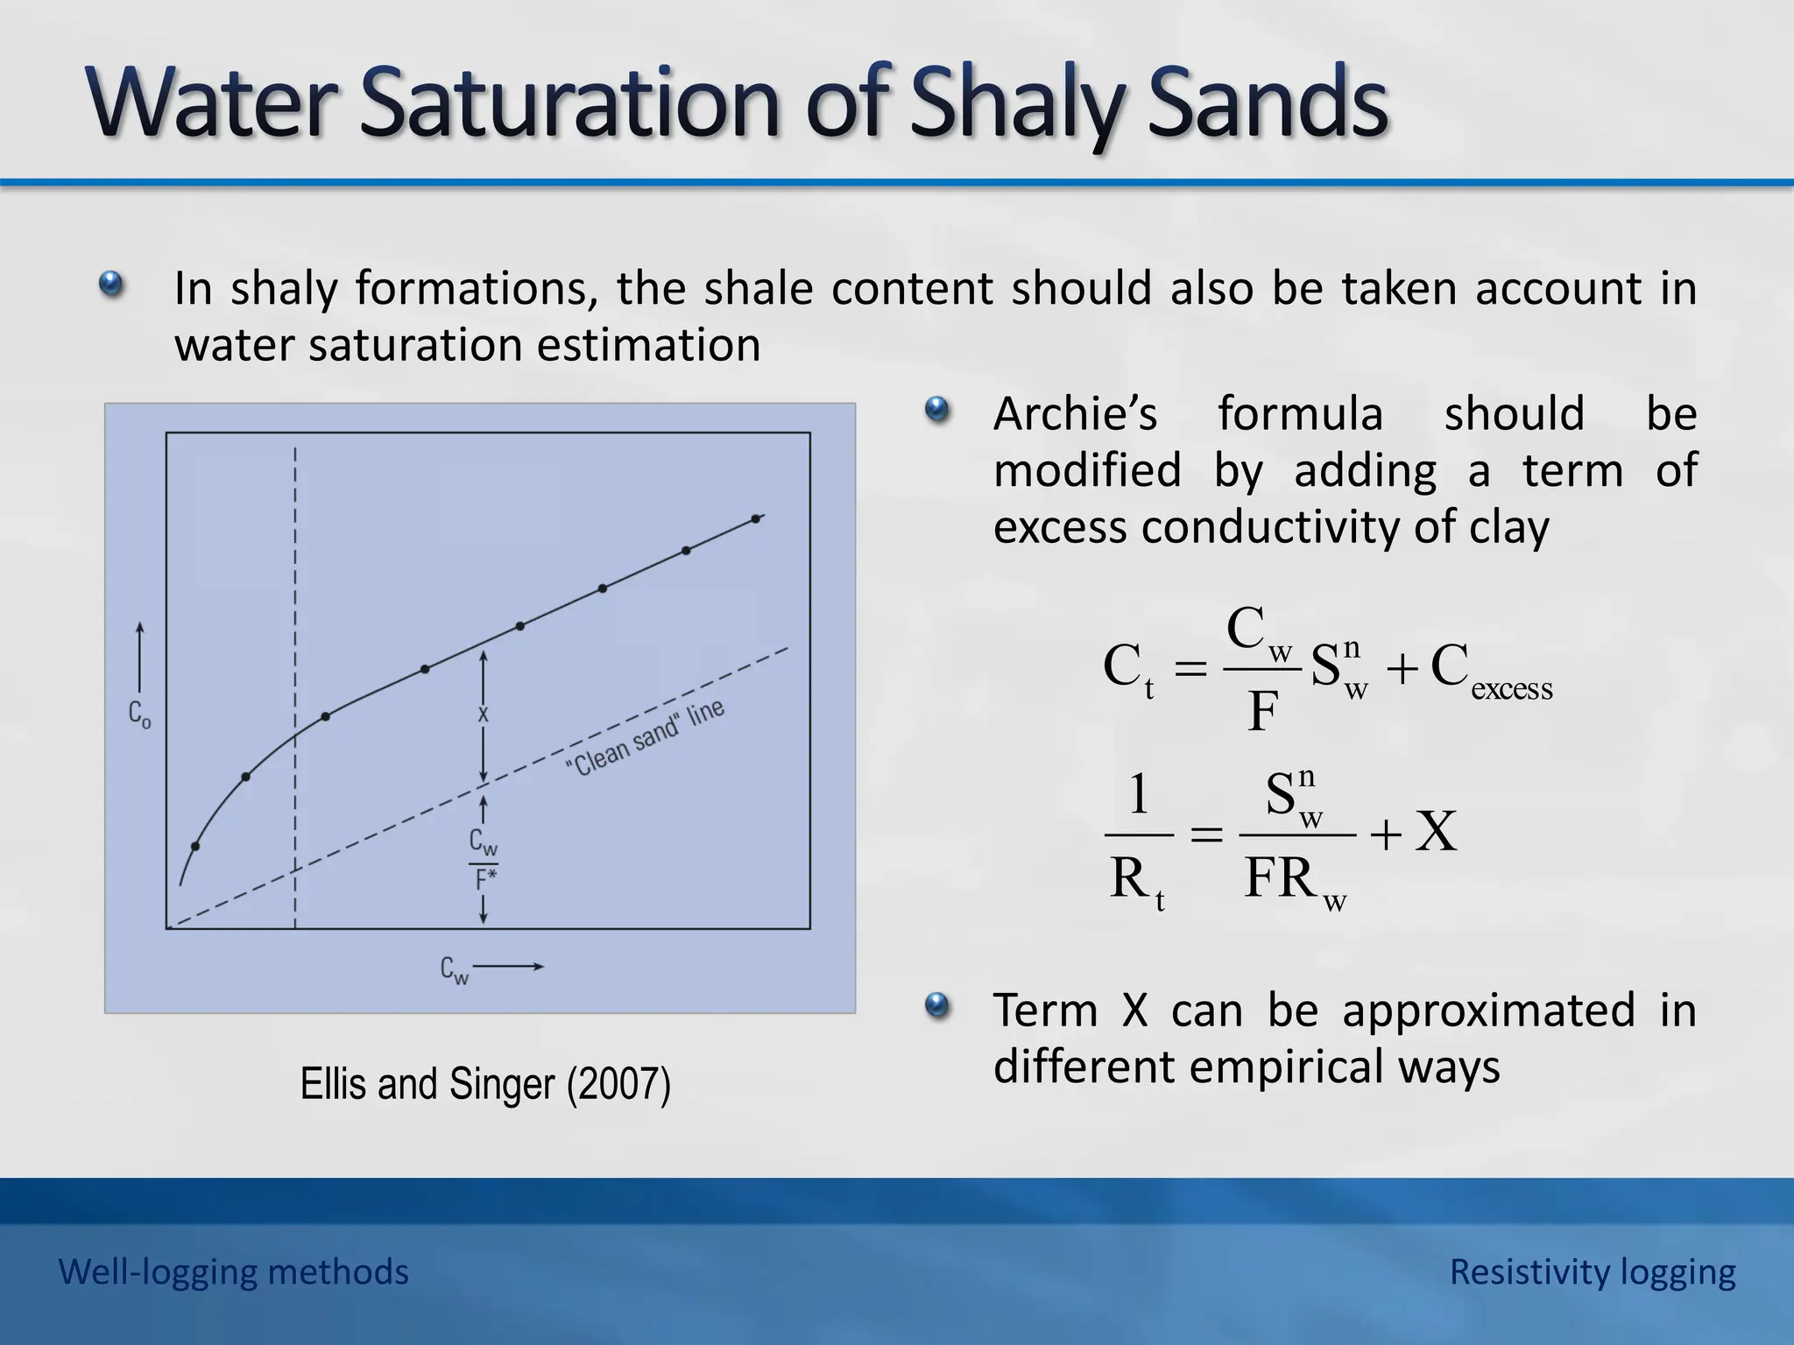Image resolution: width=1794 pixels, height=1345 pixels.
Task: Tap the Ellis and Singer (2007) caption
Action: pyautogui.click(x=485, y=1084)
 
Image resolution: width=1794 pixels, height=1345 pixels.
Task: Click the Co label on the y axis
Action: pyautogui.click(x=139, y=714)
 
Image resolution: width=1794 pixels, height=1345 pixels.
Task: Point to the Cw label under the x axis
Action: pyautogui.click(x=455, y=969)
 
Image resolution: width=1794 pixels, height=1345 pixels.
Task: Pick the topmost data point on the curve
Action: pyautogui.click(x=756, y=519)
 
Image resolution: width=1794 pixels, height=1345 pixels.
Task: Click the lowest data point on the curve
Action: pyautogui.click(x=195, y=846)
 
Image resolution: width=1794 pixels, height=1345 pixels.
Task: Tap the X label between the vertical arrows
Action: pyautogui.click(x=483, y=715)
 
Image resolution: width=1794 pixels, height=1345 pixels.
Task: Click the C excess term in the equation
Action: pyautogui.click(x=1491, y=671)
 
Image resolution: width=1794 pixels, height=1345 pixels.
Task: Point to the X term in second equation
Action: pyautogui.click(x=1437, y=832)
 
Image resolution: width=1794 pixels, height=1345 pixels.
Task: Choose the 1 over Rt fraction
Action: pyautogui.click(x=1138, y=836)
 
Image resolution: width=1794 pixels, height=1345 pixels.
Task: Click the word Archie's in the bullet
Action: pyautogui.click(x=1075, y=413)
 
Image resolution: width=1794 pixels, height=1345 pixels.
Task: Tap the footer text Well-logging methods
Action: pyautogui.click(x=233, y=1271)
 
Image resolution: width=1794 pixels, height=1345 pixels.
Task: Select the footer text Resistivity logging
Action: pyautogui.click(x=1592, y=1271)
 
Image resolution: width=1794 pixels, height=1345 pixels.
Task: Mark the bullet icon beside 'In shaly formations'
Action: pyautogui.click(x=110, y=285)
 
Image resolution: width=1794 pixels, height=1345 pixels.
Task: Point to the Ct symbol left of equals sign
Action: pyautogui.click(x=1127, y=670)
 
